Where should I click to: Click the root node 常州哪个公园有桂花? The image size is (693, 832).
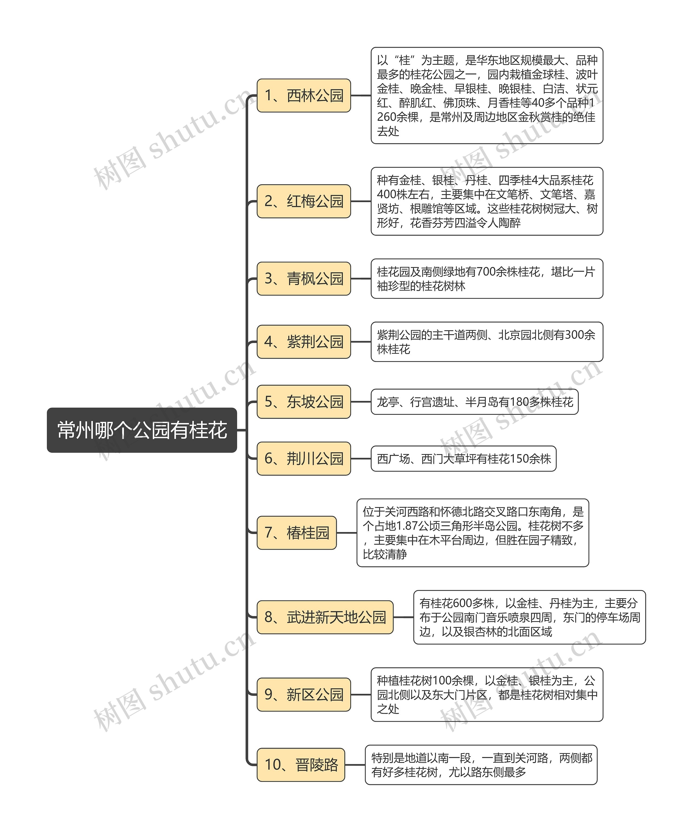point(142,430)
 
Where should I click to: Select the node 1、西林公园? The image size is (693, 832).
point(303,95)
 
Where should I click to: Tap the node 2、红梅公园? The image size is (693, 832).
point(303,201)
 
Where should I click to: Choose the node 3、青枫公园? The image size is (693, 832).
point(303,279)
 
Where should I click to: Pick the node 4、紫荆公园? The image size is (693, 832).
point(303,342)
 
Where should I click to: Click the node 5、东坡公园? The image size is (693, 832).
point(303,402)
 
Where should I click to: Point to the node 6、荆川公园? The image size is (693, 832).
point(303,458)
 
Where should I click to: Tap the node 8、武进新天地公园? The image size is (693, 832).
point(325,617)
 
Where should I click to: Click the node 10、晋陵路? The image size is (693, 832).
point(301,765)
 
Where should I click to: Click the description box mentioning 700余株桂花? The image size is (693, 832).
point(486,279)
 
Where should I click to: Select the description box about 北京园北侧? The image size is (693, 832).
point(486,342)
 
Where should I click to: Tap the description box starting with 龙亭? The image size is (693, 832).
point(474,402)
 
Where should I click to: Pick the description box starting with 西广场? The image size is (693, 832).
point(463,458)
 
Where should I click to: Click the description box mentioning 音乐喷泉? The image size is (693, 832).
point(529,617)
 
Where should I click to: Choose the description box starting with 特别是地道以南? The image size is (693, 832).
point(481,765)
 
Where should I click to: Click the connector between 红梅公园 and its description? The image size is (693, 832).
point(361,201)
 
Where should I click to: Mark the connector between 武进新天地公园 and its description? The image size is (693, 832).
point(403,617)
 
